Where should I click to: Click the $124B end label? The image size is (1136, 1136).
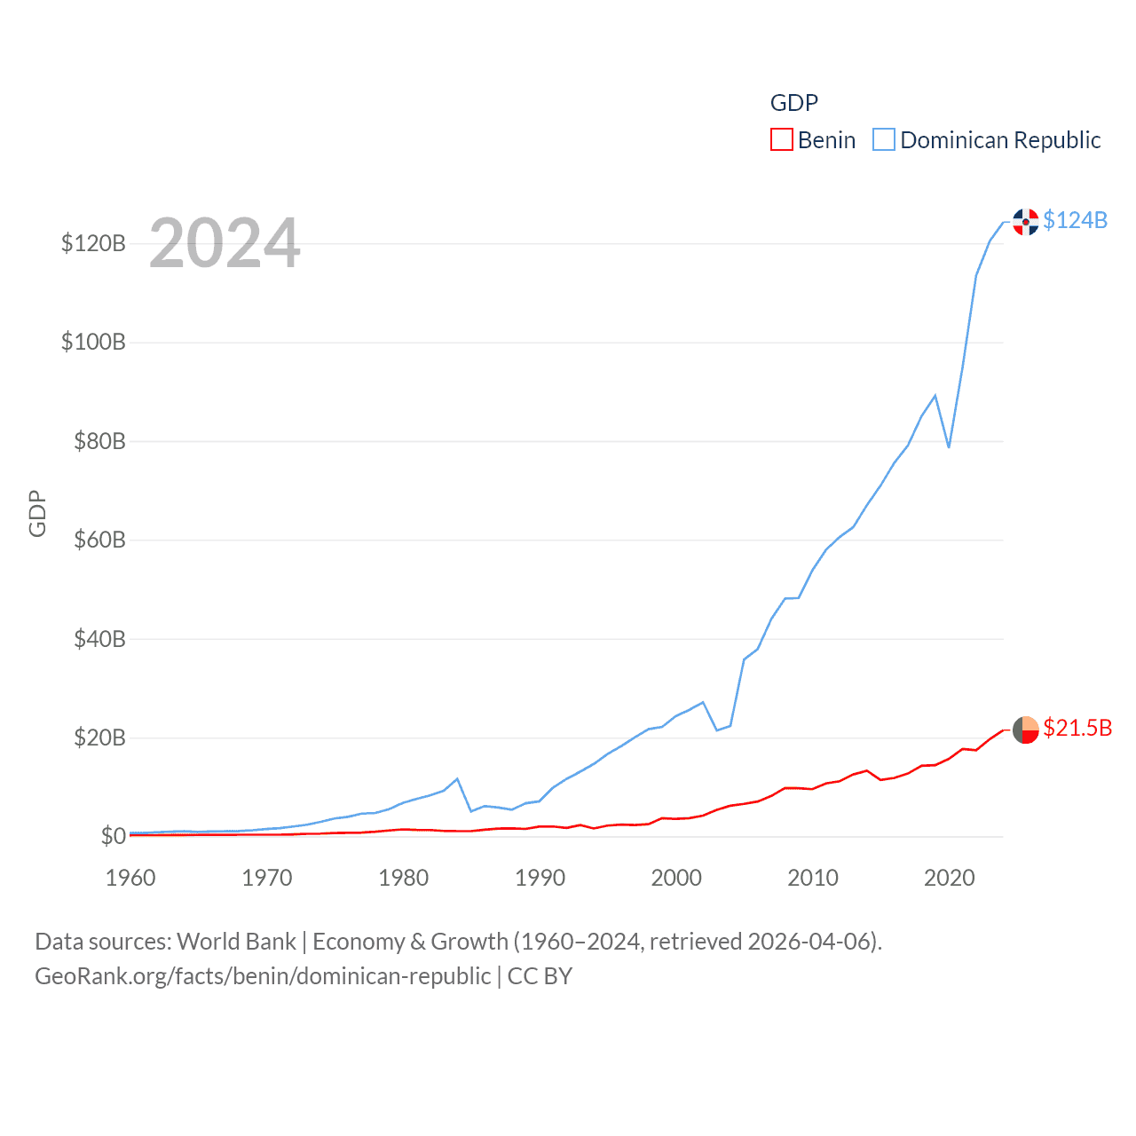1075,220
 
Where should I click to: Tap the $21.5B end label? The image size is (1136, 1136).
1077,728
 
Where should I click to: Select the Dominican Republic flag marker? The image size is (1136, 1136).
1026,222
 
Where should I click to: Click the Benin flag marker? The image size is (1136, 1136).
1026,730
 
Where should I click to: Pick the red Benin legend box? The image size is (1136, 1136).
781,140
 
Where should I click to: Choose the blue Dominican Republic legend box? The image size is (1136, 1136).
884,140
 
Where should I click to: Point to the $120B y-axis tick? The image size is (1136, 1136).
93,243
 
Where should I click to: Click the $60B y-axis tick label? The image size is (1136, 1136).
99,540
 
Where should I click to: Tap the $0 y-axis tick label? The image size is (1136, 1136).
113,836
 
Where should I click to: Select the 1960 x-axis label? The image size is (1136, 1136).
130,878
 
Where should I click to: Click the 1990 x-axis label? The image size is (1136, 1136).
540,878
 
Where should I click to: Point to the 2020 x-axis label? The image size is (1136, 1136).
949,878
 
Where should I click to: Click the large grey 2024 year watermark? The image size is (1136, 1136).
225,243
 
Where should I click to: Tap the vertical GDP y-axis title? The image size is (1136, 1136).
37,513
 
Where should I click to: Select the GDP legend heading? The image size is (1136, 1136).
793,103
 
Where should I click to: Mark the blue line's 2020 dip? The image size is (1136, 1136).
949,446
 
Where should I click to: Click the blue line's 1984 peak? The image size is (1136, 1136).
457,779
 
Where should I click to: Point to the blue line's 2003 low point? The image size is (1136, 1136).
717,730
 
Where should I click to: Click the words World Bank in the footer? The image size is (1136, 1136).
236,941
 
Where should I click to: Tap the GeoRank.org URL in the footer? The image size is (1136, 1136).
263,976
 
